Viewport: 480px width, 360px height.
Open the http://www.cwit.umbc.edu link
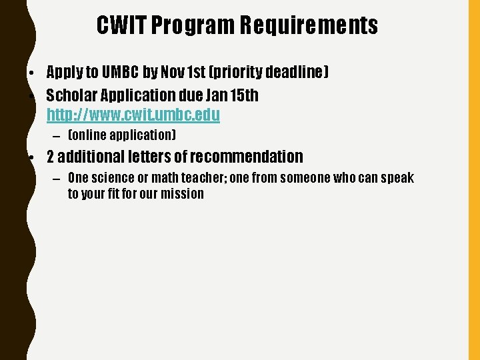tap(133, 115)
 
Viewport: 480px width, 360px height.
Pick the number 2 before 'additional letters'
tap(50, 157)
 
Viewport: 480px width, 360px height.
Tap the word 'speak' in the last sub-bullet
tap(398, 178)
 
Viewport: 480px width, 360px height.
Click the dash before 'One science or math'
tap(55, 179)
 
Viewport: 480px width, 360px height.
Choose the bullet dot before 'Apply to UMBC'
tap(32, 72)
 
